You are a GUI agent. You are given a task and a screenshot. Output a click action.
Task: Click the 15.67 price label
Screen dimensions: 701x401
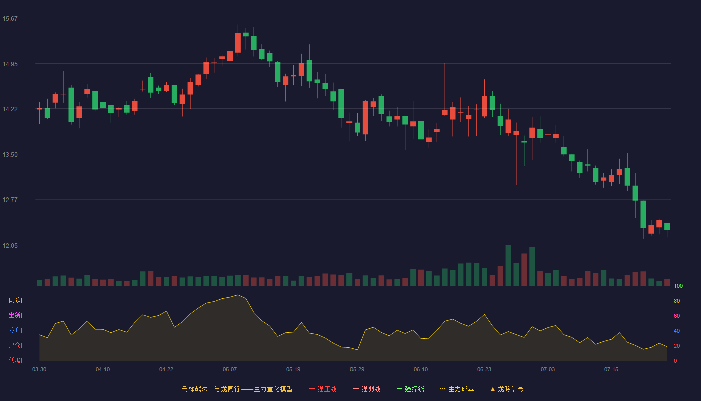point(10,19)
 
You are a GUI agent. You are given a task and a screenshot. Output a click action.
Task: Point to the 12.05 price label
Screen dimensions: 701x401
point(10,245)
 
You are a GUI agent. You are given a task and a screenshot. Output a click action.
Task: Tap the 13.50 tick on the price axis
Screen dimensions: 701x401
point(10,155)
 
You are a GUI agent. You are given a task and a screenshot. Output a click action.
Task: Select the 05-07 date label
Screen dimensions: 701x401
point(230,370)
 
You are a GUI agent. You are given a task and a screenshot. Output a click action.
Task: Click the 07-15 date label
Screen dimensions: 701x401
point(611,370)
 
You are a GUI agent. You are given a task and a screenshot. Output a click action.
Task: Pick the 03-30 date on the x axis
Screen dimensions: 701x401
point(39,370)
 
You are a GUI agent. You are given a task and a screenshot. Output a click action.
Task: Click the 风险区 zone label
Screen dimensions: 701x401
point(17,301)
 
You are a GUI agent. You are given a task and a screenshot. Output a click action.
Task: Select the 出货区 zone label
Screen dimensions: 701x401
point(17,315)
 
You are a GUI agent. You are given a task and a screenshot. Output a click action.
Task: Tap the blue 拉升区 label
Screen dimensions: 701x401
point(17,330)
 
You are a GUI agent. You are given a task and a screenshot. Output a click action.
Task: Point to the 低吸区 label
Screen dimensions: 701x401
point(17,360)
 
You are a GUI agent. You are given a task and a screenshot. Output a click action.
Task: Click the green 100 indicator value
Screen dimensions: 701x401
point(678,286)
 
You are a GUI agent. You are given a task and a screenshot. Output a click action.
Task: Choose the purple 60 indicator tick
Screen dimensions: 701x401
point(677,316)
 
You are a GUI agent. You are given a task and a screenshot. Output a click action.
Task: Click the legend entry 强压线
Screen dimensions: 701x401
point(323,389)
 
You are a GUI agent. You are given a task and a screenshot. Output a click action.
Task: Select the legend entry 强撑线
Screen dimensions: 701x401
point(410,389)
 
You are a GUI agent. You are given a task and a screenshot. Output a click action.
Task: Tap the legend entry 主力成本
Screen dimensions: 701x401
point(457,389)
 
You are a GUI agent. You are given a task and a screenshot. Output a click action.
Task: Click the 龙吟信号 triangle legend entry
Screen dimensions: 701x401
point(507,389)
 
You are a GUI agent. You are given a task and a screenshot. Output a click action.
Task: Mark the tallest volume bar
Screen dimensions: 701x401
point(508,265)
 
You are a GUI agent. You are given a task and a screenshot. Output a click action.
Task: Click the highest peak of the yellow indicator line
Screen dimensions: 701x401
point(238,295)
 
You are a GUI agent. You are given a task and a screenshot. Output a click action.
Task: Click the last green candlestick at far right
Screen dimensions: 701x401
point(667,226)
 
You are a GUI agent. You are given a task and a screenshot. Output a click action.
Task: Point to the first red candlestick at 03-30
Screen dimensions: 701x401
point(39,109)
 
